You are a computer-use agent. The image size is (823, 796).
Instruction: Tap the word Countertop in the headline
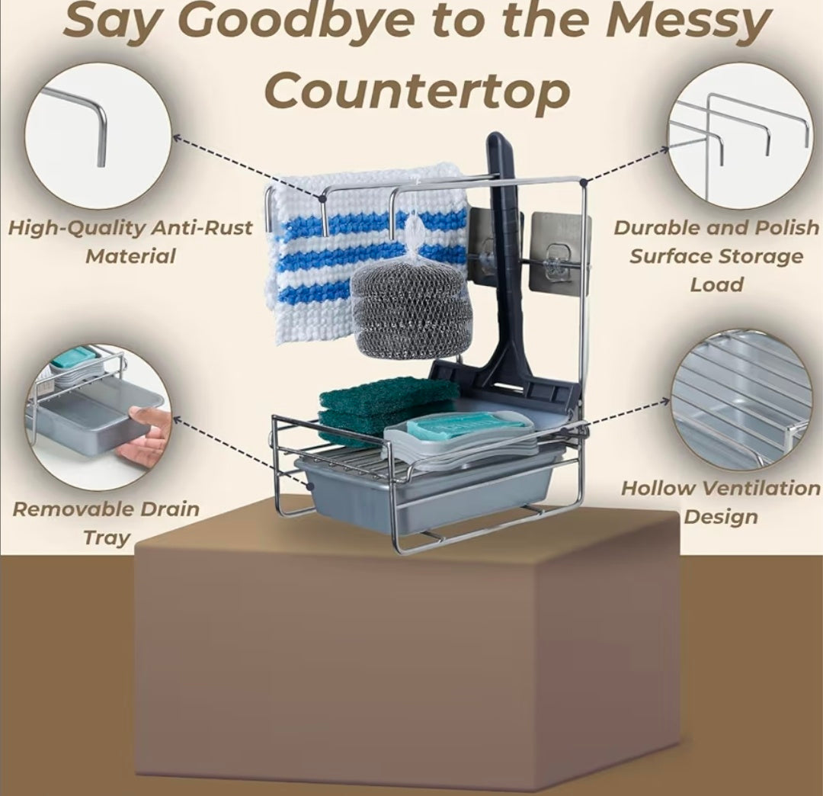(418, 90)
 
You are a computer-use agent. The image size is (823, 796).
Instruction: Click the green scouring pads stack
(386, 409)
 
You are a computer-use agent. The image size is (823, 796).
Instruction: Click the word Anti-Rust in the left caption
(201, 228)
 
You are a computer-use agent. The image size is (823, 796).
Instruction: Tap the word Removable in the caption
(69, 509)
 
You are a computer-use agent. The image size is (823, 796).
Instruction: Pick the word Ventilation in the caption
(761, 488)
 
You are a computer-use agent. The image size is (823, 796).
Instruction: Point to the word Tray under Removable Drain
(107, 538)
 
